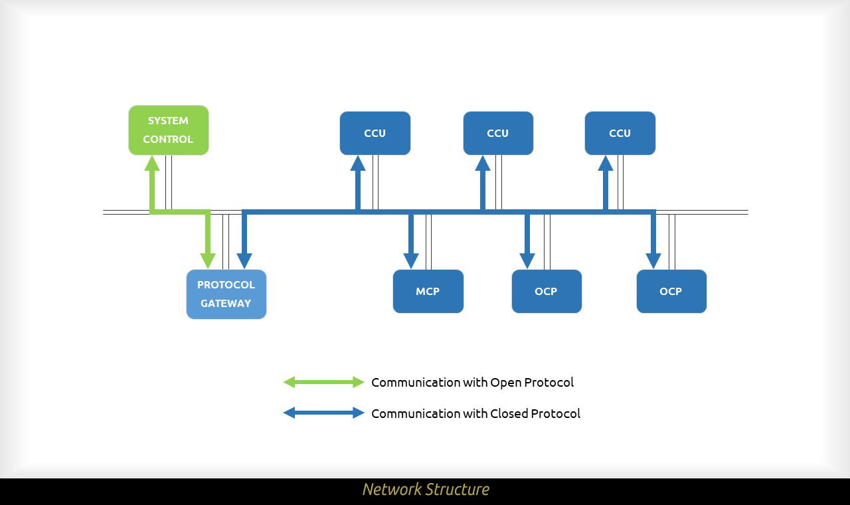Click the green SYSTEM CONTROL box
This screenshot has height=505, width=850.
point(168,130)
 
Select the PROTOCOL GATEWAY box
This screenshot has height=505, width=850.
point(226,294)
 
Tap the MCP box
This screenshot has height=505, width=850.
point(428,291)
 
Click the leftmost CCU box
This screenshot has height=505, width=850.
point(375,133)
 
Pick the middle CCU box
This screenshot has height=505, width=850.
point(497,133)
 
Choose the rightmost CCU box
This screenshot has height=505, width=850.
point(620,133)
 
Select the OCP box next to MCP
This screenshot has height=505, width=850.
point(546,291)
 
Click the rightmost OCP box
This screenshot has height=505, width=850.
point(671,291)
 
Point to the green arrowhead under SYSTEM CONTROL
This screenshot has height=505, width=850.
point(152,163)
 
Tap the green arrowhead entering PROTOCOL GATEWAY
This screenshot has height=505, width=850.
point(208,260)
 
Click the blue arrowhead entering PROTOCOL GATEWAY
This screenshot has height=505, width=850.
point(244,260)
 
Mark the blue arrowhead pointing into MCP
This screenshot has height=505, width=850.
point(411,260)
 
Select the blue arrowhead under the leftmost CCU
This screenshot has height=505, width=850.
point(358,163)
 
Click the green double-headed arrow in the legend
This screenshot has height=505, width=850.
point(323,382)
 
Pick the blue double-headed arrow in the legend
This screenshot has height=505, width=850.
point(323,413)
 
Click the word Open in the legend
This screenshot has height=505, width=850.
point(505,383)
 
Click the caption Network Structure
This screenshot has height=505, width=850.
point(426,490)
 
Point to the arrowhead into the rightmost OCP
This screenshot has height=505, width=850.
point(653,260)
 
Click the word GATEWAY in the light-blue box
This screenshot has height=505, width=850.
point(226,303)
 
